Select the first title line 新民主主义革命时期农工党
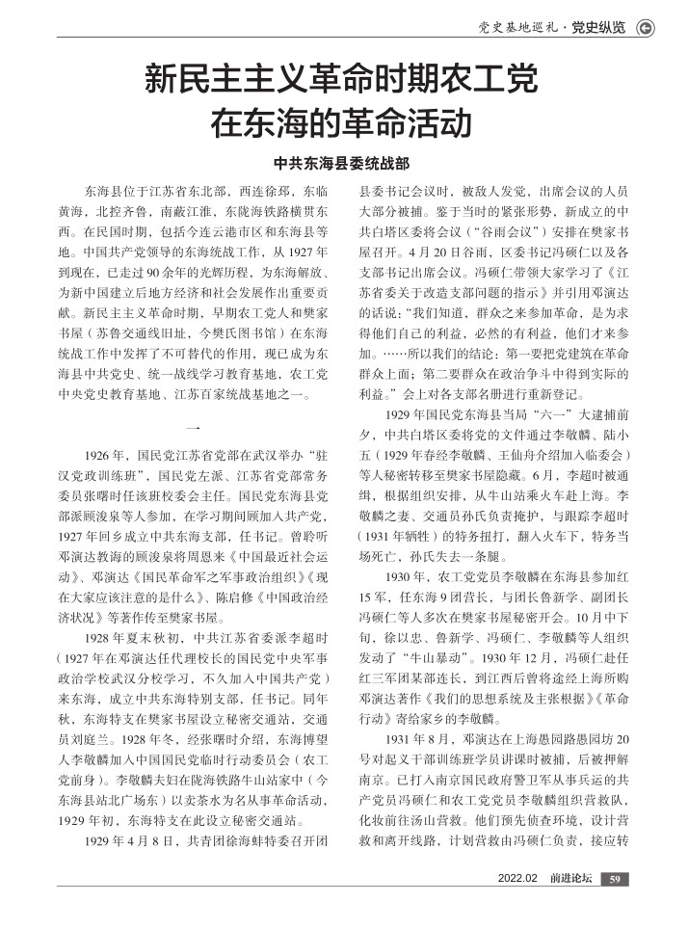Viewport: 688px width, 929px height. (x=343, y=79)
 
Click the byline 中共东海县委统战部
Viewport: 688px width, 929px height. (x=343, y=164)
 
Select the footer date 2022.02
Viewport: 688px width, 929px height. (x=516, y=878)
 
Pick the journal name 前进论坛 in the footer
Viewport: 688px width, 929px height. (x=570, y=878)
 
